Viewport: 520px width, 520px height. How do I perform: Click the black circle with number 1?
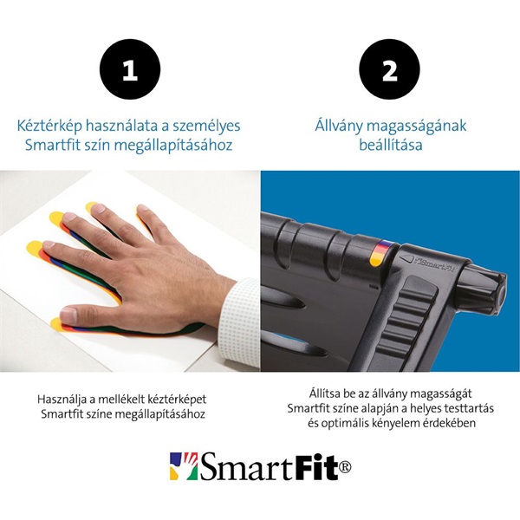130,71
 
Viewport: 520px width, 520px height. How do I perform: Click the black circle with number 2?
390,71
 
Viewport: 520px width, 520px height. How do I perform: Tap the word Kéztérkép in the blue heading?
50,126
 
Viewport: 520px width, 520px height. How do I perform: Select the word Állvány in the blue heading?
341,126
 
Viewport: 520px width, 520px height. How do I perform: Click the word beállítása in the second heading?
390,145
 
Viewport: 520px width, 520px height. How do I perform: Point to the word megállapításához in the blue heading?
179,145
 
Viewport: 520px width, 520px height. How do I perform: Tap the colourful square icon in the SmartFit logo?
183,465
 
